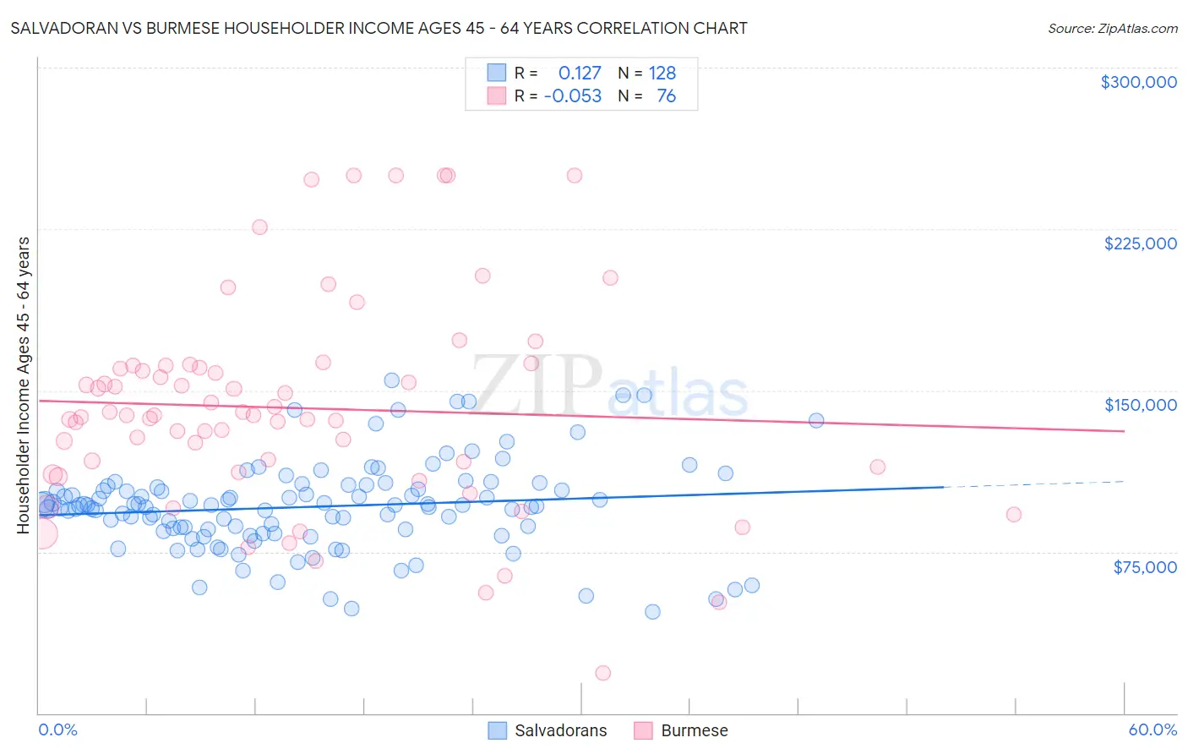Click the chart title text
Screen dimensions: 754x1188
(379, 28)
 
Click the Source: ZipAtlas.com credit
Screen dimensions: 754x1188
(1112, 28)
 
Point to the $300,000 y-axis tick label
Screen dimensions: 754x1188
(1138, 82)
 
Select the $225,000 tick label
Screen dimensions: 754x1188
(1140, 243)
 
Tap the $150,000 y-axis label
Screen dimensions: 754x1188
(1140, 405)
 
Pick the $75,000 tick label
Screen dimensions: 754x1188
(1144, 567)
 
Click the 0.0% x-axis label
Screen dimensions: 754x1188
(57, 729)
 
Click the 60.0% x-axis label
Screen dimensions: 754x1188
(1152, 729)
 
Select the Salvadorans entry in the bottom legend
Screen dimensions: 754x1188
(548, 730)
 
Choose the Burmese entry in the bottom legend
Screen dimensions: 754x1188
(681, 730)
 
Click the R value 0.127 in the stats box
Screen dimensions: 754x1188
(580, 74)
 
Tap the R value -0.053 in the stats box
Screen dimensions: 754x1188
(573, 96)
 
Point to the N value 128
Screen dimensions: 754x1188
(662, 74)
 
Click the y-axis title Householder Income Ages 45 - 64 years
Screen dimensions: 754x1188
(24, 385)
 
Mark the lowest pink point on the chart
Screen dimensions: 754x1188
(602, 673)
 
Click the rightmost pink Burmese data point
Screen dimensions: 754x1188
(1014, 514)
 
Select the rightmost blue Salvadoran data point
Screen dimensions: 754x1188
(816, 420)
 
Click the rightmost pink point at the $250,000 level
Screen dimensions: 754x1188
(575, 176)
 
